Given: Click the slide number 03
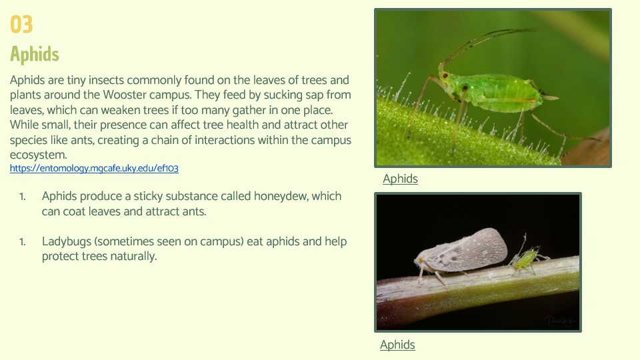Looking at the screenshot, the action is [x=21, y=24].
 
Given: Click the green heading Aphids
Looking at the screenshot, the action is [x=35, y=54].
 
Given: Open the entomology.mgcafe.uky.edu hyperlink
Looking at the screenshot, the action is [x=94, y=168].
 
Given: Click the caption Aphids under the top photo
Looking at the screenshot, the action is [x=400, y=179].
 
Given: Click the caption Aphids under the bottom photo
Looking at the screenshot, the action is [x=397, y=345].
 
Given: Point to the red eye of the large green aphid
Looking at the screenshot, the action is [x=445, y=75].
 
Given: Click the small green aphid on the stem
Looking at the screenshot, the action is [x=526, y=258].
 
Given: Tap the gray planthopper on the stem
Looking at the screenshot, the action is [x=461, y=253].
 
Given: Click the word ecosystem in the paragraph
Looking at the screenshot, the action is [x=37, y=155].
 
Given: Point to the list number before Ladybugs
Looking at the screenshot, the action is [x=23, y=242].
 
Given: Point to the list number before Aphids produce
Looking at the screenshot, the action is [x=23, y=197].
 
